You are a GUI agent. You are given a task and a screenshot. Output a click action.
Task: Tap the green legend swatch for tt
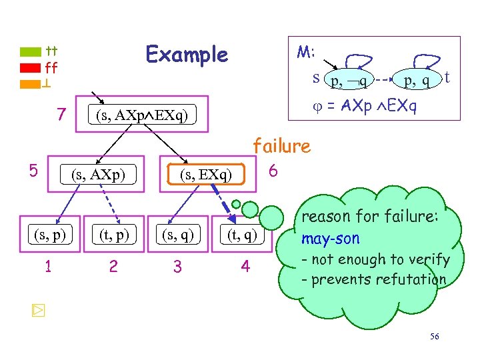(31, 51)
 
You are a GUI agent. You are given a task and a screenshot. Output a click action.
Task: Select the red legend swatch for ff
(31, 67)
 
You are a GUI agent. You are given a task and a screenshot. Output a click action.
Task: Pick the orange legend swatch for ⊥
(31, 84)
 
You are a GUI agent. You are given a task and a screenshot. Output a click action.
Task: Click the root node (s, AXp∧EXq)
(143, 115)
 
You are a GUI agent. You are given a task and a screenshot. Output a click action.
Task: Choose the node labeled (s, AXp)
(98, 175)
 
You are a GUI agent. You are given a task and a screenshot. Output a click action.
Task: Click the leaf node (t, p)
(113, 234)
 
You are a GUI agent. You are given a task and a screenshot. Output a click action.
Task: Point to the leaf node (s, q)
(177, 234)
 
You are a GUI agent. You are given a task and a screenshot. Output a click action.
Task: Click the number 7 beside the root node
(61, 115)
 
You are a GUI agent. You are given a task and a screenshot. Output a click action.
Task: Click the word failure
(281, 146)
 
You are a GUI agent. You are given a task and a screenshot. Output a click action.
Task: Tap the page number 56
(434, 337)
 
